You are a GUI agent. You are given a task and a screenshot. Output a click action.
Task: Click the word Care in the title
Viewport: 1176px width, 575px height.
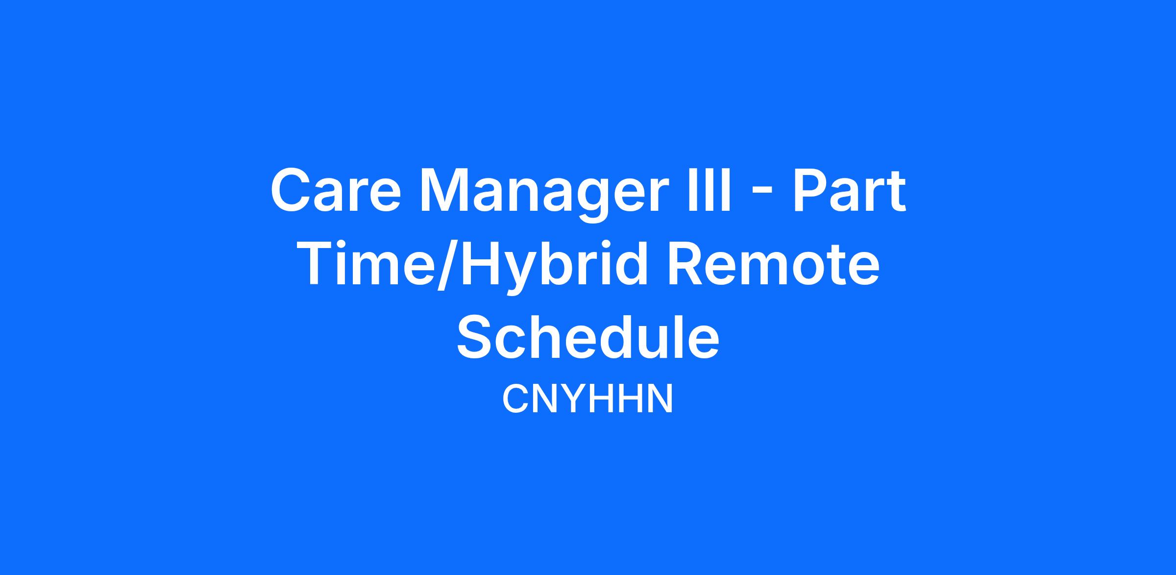coord(336,190)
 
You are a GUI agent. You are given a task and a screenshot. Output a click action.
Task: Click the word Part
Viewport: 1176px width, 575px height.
coord(849,190)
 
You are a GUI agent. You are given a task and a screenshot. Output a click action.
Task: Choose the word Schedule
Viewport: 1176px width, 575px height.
coord(588,336)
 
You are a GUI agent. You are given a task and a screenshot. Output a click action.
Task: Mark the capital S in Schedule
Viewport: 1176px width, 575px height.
coord(477,337)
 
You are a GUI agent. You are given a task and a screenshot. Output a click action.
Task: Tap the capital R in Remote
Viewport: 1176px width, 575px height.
coord(690,264)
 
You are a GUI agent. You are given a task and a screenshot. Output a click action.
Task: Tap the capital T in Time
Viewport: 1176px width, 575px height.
coord(323,263)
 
